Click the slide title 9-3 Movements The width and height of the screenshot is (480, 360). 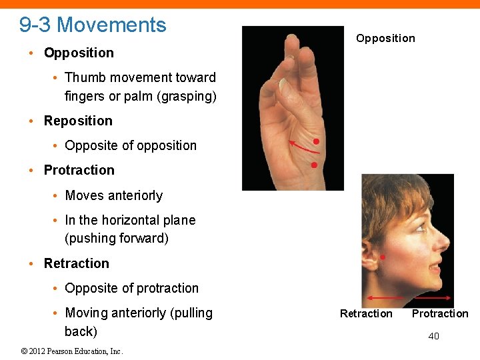[93, 25]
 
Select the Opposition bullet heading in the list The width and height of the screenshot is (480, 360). [79, 53]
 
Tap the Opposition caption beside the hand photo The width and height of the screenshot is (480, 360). [385, 38]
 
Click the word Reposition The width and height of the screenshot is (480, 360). [78, 121]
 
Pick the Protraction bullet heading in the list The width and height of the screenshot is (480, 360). [79, 170]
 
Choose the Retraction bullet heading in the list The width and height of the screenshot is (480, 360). [76, 263]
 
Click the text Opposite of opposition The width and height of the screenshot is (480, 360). [131, 145]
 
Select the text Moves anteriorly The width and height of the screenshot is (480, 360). [113, 195]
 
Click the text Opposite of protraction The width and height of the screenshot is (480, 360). [131, 288]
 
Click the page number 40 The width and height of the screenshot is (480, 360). [433, 336]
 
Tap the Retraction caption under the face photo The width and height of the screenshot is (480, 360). [366, 313]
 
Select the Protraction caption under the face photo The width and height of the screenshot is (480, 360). [440, 313]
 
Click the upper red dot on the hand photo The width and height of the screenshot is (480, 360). [316, 142]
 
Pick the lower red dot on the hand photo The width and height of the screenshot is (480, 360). [314, 165]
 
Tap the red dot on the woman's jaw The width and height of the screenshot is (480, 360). [383, 257]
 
